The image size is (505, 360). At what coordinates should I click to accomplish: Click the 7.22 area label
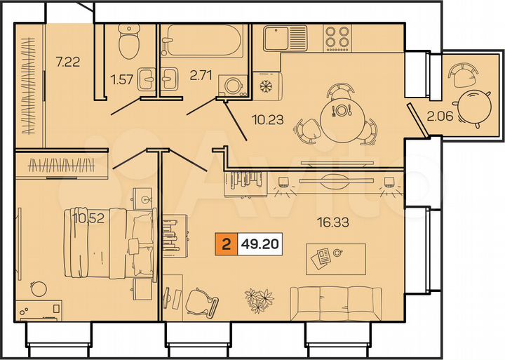tap(68, 61)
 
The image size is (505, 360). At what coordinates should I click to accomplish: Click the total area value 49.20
tap(260, 246)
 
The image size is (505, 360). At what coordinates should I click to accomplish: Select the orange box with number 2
tap(226, 246)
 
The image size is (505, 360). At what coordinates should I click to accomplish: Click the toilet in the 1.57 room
tap(128, 42)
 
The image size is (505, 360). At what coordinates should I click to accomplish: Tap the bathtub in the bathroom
tap(201, 41)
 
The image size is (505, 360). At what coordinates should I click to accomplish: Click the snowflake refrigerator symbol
tap(266, 86)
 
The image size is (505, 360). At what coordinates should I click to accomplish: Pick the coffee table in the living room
tap(336, 258)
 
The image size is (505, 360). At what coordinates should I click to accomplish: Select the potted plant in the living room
tap(257, 300)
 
